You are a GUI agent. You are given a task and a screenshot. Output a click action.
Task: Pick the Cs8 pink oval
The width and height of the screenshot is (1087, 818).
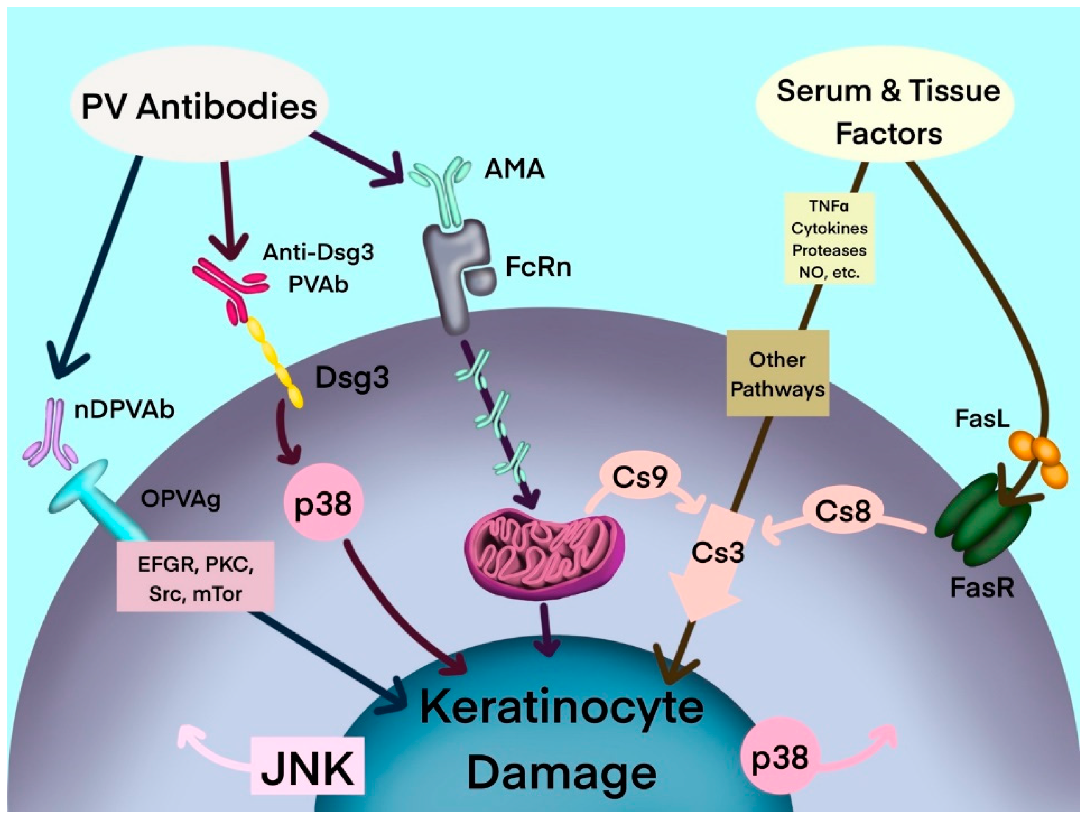tap(843, 511)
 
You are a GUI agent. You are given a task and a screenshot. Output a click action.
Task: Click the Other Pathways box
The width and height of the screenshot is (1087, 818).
tap(777, 374)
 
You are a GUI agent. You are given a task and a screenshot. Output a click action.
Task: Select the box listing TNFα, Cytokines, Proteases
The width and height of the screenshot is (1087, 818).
tap(829, 238)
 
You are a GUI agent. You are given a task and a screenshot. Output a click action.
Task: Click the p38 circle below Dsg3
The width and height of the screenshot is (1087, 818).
tap(323, 504)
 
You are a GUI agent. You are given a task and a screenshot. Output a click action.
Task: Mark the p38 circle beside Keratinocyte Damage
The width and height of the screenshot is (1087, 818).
tap(780, 757)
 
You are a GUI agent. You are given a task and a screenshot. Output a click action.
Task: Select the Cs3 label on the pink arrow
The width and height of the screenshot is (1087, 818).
tap(718, 552)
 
